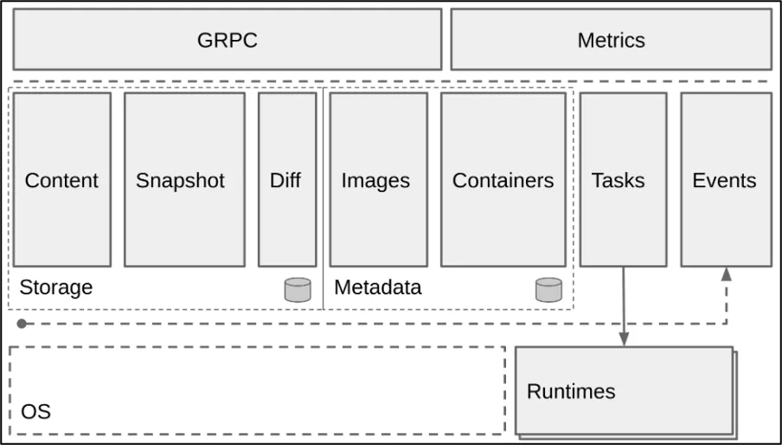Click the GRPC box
point(227,40)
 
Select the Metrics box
point(611,40)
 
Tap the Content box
point(61,180)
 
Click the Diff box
point(287,180)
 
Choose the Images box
point(378,180)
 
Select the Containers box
point(503,180)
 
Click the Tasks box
point(623,180)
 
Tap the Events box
point(726,180)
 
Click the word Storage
point(56,287)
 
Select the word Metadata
point(378,287)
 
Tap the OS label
point(35,411)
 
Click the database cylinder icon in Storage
point(298,290)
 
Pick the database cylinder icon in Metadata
point(548,290)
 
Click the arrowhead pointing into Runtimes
point(624,339)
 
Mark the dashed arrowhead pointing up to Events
point(726,274)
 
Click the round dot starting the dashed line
point(21,324)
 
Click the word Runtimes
point(571,391)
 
